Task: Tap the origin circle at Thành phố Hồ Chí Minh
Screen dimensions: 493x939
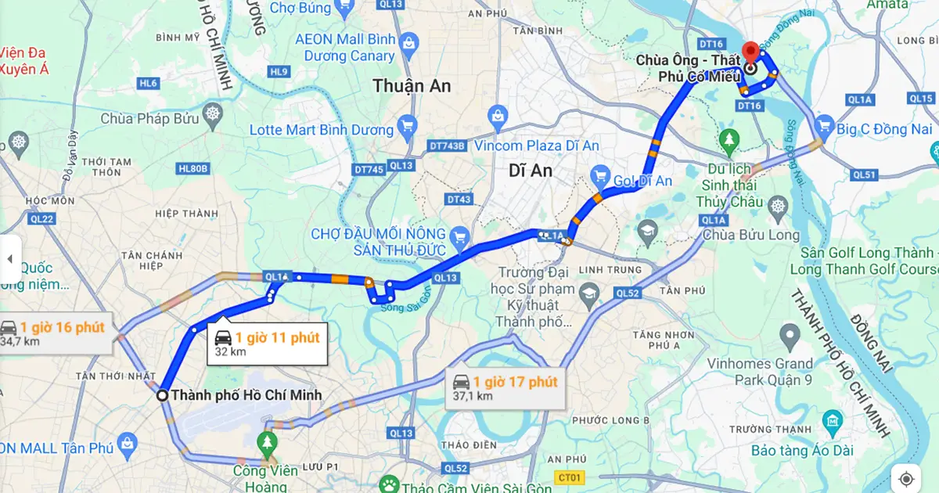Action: (x=163, y=395)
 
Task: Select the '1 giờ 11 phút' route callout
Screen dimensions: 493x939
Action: (x=268, y=344)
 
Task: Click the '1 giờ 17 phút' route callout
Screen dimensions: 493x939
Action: (x=505, y=387)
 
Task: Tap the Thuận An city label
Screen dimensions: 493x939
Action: (x=412, y=86)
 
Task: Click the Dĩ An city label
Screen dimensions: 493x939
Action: (x=531, y=170)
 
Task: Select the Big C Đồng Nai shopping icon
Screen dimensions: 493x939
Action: (x=823, y=124)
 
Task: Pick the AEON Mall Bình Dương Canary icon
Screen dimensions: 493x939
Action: (x=408, y=42)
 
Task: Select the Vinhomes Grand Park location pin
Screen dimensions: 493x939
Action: (x=790, y=337)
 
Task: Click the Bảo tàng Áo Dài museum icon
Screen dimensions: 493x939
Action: (x=832, y=426)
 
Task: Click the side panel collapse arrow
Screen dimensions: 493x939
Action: (x=10, y=259)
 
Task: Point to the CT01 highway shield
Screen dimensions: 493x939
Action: (x=571, y=477)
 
